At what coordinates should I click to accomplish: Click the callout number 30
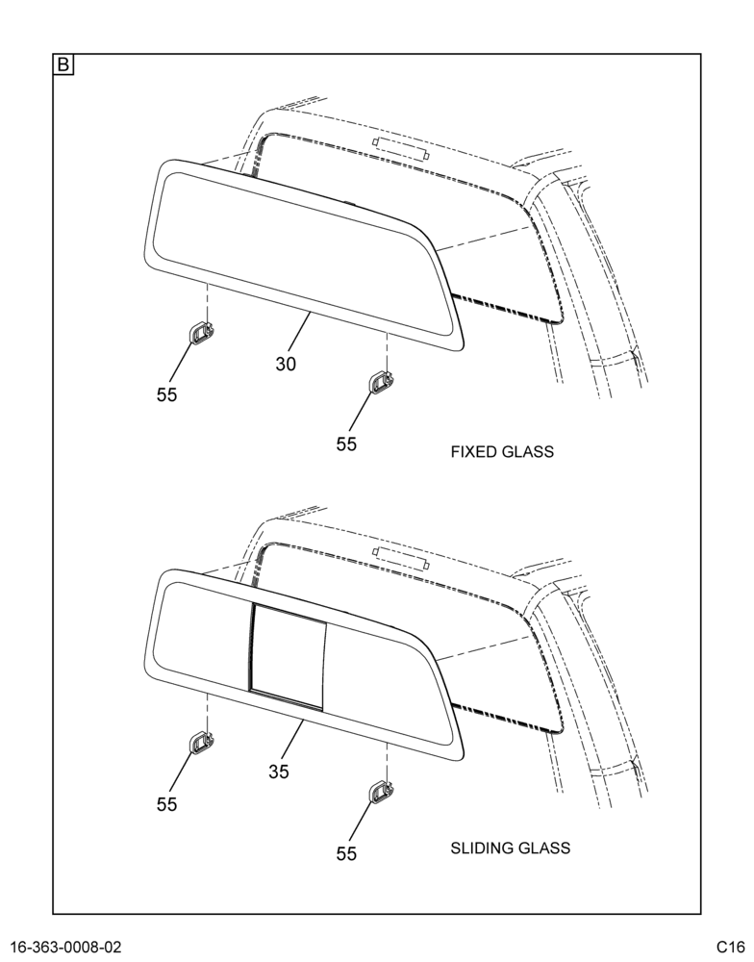coord(286,364)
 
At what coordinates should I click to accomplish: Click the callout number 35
coord(279,772)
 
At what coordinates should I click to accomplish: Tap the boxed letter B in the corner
coord(63,65)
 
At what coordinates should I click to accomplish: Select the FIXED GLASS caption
coord(502,452)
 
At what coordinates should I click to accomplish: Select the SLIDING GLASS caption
coord(511,848)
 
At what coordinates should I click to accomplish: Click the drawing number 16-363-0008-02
coord(66,947)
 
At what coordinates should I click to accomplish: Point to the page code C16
coord(729,947)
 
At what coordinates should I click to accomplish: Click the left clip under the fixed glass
coord(201,332)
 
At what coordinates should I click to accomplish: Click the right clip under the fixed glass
coord(380,382)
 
